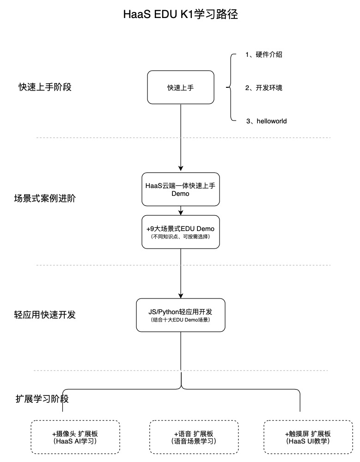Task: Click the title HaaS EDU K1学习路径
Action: pyautogui.click(x=180, y=14)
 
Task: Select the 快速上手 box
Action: pyautogui.click(x=180, y=87)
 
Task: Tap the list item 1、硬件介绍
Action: pyautogui.click(x=263, y=55)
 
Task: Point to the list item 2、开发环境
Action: pyautogui.click(x=263, y=88)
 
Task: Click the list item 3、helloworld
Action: pyautogui.click(x=266, y=121)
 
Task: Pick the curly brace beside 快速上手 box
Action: pyautogui.click(x=229, y=87)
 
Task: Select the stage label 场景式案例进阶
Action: pyautogui.click(x=45, y=199)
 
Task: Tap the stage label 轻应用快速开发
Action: pyautogui.click(x=45, y=315)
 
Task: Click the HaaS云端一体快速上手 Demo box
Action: pyautogui.click(x=180, y=189)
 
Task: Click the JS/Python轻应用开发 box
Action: pyautogui.click(x=180, y=315)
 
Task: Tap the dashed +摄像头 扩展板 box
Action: pyautogui.click(x=75, y=437)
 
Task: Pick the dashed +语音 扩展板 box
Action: pyautogui.click(x=194, y=437)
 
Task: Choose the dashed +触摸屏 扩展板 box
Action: pyautogui.click(x=307, y=437)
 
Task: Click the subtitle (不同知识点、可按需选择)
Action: pyautogui.click(x=180, y=237)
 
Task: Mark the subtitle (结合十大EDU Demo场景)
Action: pyautogui.click(x=180, y=320)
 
